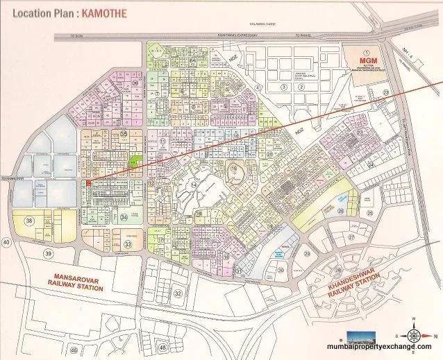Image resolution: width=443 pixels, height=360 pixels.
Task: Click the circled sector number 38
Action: pyautogui.click(x=29, y=221)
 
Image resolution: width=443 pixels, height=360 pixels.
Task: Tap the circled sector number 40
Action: pyautogui.click(x=7, y=242)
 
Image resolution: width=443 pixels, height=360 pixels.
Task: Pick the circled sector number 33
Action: pyautogui.click(x=127, y=245)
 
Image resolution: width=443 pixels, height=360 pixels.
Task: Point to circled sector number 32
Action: pyautogui.click(x=178, y=293)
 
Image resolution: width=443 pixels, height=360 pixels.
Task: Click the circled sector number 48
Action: pyautogui.click(x=162, y=347)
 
